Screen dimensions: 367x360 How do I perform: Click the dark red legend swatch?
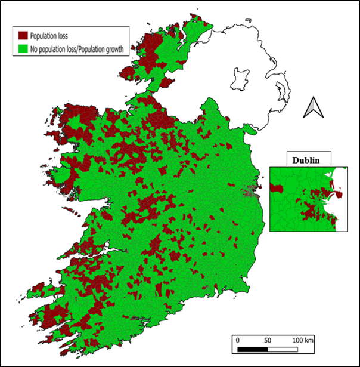[24, 36]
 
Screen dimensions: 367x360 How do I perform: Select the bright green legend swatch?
[24, 49]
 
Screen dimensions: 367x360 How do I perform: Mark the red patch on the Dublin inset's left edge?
[275, 188]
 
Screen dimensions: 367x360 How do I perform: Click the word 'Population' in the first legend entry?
[45, 36]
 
